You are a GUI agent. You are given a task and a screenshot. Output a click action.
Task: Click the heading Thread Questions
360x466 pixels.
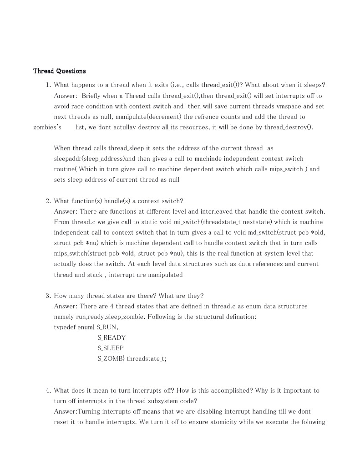click(x=59, y=71)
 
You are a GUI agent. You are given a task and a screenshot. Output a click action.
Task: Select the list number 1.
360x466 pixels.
click(x=48, y=85)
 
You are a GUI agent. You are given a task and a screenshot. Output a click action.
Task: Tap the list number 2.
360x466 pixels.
click(x=48, y=201)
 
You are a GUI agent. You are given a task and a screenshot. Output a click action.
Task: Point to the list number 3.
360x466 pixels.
click(x=48, y=296)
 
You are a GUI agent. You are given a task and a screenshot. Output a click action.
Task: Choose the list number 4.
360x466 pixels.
click(x=48, y=390)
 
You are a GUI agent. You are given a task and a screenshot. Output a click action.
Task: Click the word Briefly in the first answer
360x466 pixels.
click(x=93, y=96)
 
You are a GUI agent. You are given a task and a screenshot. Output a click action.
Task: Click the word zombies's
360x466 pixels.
click(x=47, y=127)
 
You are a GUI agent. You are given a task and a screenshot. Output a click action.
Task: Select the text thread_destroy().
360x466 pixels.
click(x=289, y=127)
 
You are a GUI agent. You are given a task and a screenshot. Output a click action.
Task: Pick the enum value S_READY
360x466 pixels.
click(x=112, y=338)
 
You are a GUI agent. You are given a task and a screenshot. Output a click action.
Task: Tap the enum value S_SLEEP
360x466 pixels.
click(x=111, y=348)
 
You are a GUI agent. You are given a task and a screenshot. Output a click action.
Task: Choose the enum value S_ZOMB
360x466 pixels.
click(x=111, y=358)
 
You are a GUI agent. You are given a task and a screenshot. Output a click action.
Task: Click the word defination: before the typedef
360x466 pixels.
click(x=239, y=317)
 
